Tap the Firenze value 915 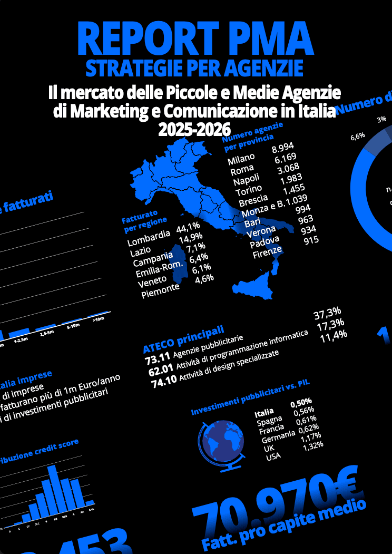[x=311, y=240]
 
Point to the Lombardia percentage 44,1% [x=191, y=228]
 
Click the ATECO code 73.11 [x=156, y=361]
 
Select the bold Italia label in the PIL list [x=264, y=412]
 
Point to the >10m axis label [x=99, y=319]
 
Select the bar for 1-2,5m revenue [x=19, y=332]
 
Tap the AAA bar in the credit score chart [x=90, y=502]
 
